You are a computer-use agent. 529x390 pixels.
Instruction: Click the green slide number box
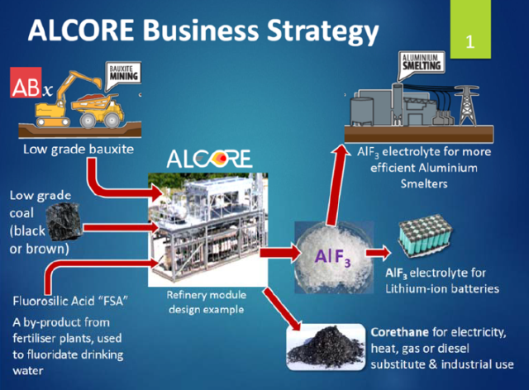(x=470, y=29)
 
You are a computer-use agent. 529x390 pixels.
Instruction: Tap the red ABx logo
(x=26, y=83)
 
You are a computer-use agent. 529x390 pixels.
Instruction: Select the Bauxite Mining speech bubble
(x=123, y=76)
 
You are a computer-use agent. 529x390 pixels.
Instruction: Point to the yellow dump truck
(x=98, y=109)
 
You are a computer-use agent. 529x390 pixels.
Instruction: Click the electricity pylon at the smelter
(x=466, y=105)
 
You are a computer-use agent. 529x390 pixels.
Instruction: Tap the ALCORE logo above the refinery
(x=209, y=159)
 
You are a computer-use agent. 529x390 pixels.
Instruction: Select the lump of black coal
(x=64, y=221)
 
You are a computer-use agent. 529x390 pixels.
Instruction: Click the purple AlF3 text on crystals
(x=332, y=258)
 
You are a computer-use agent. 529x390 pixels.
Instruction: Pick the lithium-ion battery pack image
(x=425, y=235)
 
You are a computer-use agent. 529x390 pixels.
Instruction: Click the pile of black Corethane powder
(x=325, y=347)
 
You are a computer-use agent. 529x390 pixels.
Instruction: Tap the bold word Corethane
(x=399, y=333)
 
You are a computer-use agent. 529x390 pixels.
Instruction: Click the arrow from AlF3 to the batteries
(x=378, y=253)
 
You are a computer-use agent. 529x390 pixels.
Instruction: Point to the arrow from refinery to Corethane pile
(x=282, y=309)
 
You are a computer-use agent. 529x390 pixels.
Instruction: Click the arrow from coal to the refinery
(x=121, y=228)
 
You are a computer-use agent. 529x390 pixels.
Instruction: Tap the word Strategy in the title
(x=322, y=31)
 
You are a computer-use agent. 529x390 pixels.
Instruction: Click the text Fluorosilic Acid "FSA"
(x=70, y=301)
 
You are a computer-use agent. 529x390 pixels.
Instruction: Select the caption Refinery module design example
(x=207, y=302)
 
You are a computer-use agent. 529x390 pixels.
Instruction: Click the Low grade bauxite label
(x=79, y=150)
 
